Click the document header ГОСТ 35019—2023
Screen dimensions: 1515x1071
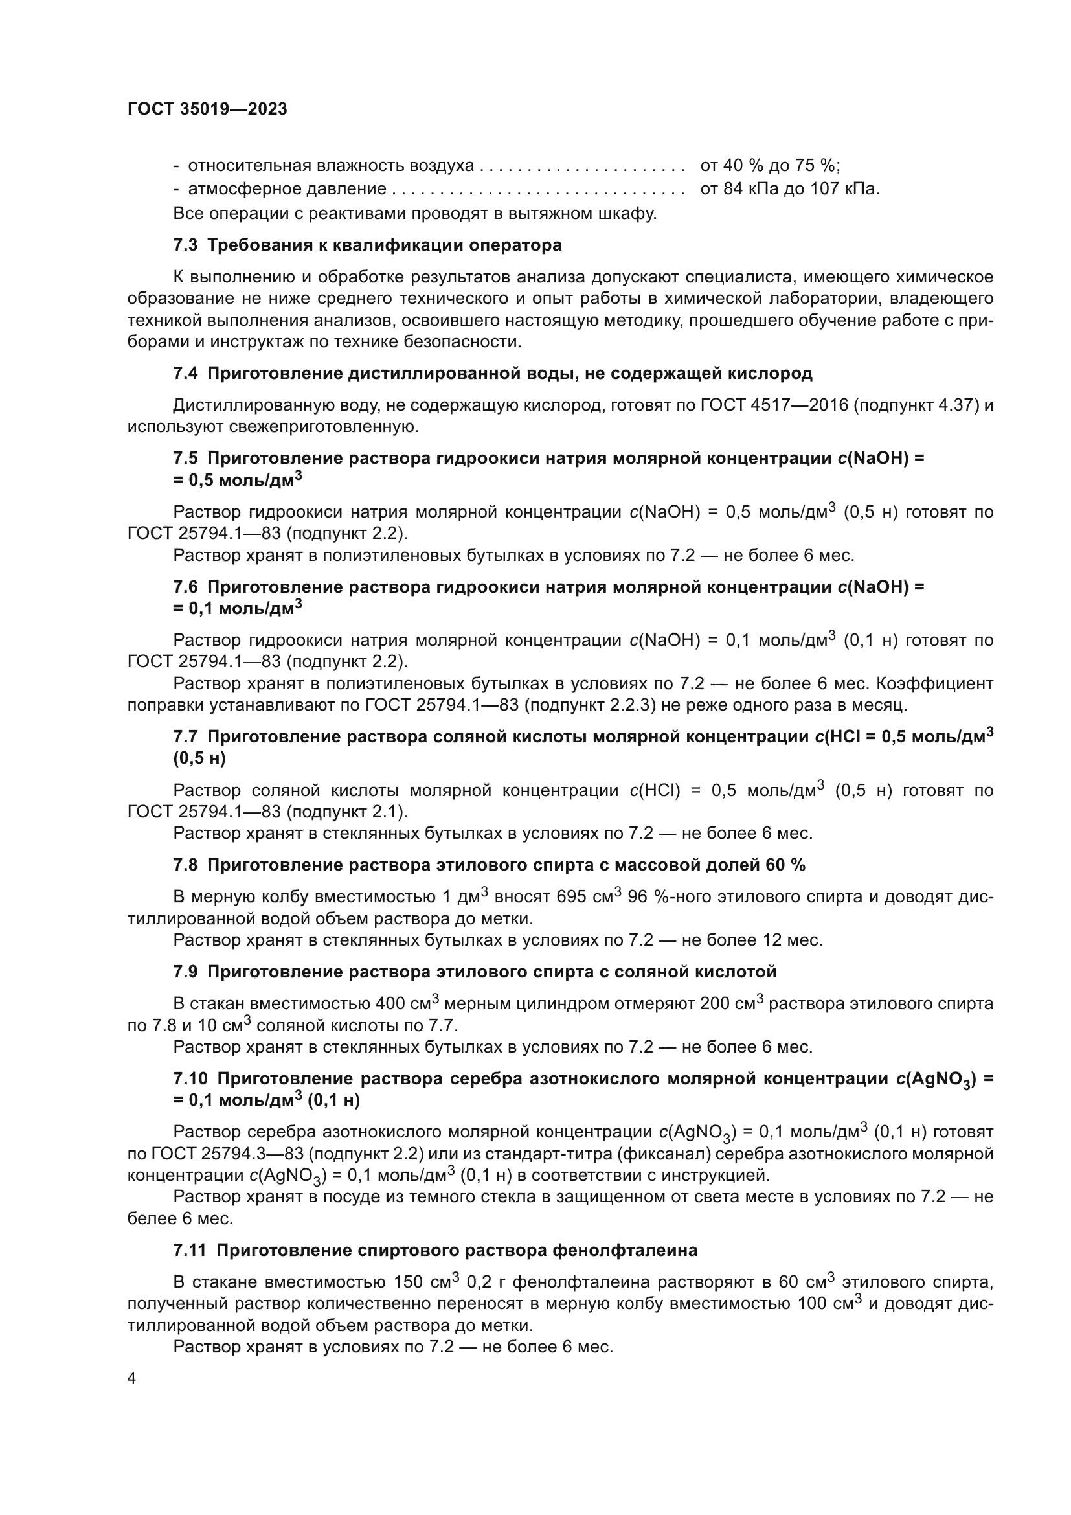(207, 109)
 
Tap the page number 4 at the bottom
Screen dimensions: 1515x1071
(132, 1378)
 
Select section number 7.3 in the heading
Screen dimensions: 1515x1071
(185, 245)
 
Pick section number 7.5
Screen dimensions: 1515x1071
(185, 458)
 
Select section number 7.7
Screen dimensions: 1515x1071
(185, 737)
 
